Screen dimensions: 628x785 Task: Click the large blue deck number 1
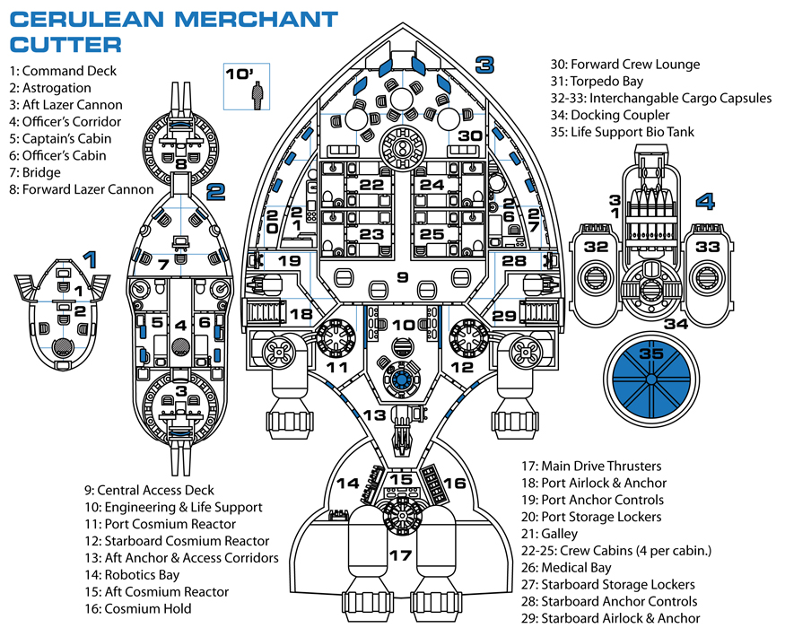[x=88, y=259]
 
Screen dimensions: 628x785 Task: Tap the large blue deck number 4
[x=705, y=201]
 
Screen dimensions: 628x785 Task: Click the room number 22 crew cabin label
[x=371, y=184]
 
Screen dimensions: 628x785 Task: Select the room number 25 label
[x=432, y=234]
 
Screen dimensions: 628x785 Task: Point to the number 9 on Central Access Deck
[x=402, y=276]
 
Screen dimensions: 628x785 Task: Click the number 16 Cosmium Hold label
[x=455, y=484]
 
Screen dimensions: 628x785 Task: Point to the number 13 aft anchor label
[x=375, y=414]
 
